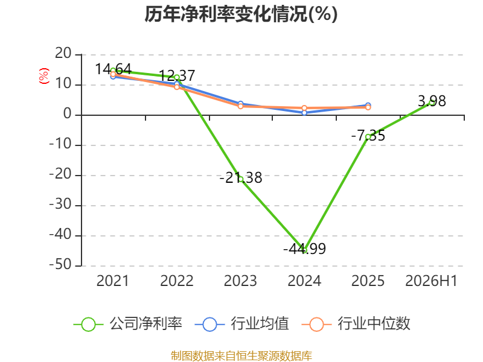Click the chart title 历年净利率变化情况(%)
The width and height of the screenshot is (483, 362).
(x=241, y=14)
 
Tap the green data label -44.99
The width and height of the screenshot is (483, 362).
(x=304, y=249)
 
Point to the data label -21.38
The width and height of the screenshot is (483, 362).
(x=240, y=177)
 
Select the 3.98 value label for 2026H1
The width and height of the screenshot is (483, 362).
(x=432, y=101)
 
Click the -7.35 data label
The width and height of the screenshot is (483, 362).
(x=368, y=135)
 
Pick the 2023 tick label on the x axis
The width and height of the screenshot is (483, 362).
(x=240, y=281)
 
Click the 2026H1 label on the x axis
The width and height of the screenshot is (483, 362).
(x=431, y=281)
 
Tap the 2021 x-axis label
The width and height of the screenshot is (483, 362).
(x=113, y=281)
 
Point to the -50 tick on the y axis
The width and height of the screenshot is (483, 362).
(x=60, y=265)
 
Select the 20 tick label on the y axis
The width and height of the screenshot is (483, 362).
(x=63, y=54)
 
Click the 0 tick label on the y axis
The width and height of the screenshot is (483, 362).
(x=68, y=114)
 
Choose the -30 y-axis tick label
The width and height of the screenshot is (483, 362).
(x=60, y=205)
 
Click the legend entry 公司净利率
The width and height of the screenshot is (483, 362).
(x=128, y=324)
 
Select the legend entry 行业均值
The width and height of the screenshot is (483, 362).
(x=242, y=324)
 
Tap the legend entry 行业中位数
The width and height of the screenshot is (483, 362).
(x=356, y=324)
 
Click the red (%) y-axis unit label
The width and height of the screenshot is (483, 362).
(x=43, y=76)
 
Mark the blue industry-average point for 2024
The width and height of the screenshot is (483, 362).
(x=304, y=113)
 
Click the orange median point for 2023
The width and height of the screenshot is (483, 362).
(x=240, y=106)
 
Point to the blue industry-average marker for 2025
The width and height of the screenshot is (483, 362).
(x=368, y=105)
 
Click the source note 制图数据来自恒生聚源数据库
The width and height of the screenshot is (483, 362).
(x=241, y=356)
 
